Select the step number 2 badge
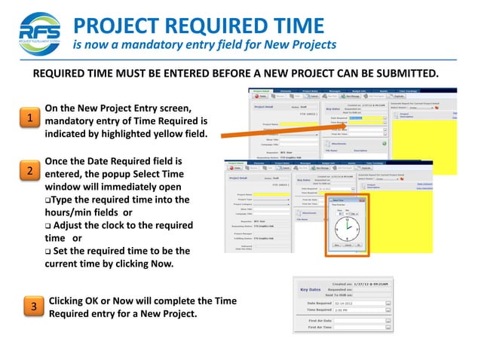tap(29, 171)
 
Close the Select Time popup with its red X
tap(363, 200)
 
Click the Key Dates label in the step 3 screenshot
tap(311, 288)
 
